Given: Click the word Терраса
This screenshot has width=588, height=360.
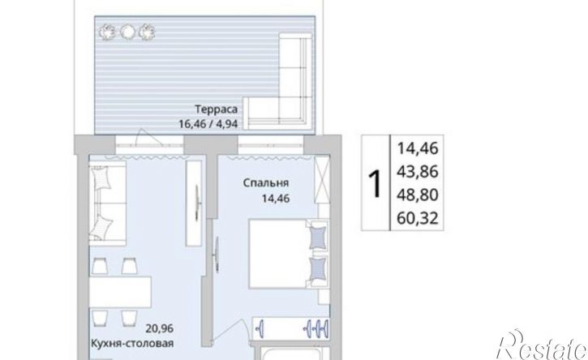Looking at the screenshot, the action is coord(216,109).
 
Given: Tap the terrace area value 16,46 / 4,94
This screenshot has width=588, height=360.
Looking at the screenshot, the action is coord(208,124).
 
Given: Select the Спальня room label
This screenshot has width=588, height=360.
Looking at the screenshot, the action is coord(265,183).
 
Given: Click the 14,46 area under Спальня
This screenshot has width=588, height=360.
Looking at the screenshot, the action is coord(276,198).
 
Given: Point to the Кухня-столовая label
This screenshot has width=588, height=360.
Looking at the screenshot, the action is coord(132,344).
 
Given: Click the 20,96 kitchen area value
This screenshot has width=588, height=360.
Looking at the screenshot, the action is coord(160,328).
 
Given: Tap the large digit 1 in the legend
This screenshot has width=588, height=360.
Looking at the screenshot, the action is coord(375,183).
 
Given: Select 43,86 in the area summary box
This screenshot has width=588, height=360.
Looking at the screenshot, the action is coord(418,172).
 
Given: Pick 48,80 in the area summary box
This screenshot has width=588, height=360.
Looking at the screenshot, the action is coord(418,195).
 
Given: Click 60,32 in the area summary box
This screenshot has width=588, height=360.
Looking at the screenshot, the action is coord(418,218).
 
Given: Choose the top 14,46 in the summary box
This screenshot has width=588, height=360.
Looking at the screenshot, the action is coord(418,148).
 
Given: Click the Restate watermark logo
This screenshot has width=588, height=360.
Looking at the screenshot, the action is coord(542,345).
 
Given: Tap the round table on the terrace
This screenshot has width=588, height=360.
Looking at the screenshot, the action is coord(127,32).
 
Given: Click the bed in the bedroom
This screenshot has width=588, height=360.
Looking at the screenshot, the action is coord(289,255).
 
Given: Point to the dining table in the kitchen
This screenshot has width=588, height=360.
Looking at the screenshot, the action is coord(120,293).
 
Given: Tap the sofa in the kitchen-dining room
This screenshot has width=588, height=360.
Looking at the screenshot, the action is coord(107,201).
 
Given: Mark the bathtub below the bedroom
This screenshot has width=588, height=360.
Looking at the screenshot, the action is coord(292,354).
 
